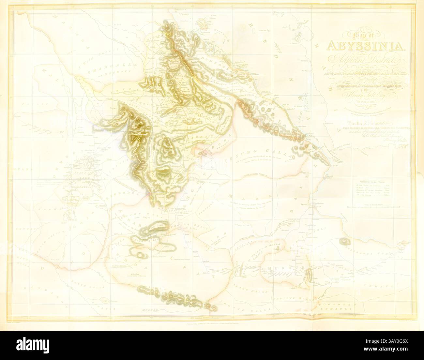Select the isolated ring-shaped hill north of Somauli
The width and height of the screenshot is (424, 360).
pos(343,242)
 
